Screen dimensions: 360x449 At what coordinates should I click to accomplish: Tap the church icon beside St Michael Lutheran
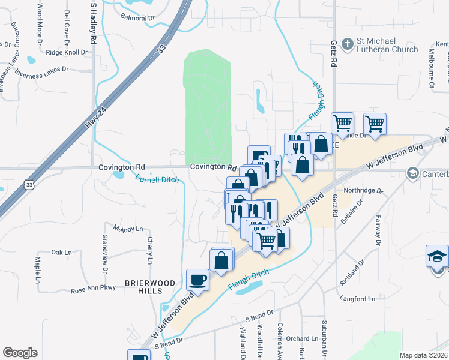(x=347, y=44)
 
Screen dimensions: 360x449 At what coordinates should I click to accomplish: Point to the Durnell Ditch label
(x=156, y=178)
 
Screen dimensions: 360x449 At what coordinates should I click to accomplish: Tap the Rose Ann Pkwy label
(x=92, y=289)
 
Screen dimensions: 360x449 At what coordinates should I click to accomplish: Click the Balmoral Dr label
(x=137, y=18)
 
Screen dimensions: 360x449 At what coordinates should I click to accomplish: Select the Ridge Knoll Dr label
(x=67, y=52)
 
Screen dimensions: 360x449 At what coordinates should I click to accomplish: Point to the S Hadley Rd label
(x=93, y=23)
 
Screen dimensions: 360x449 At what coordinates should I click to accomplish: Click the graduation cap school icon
(x=437, y=256)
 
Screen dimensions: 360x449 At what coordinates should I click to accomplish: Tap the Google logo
(x=20, y=353)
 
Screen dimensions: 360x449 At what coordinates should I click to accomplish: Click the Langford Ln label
(x=357, y=298)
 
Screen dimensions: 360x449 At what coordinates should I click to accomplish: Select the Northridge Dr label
(x=363, y=190)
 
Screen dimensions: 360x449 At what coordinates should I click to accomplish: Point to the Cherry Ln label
(x=149, y=250)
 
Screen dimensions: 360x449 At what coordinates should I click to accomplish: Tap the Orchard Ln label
(x=297, y=338)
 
